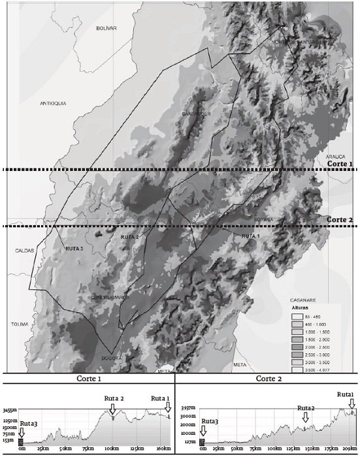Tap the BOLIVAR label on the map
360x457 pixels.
pyautogui.click(x=105, y=28)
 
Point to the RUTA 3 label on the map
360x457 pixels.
pyautogui.click(x=74, y=249)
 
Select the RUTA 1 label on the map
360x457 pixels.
pyautogui.click(x=250, y=235)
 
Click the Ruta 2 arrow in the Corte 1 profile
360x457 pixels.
pyautogui.click(x=113, y=409)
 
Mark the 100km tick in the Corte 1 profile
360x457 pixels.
pyautogui.click(x=112, y=450)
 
